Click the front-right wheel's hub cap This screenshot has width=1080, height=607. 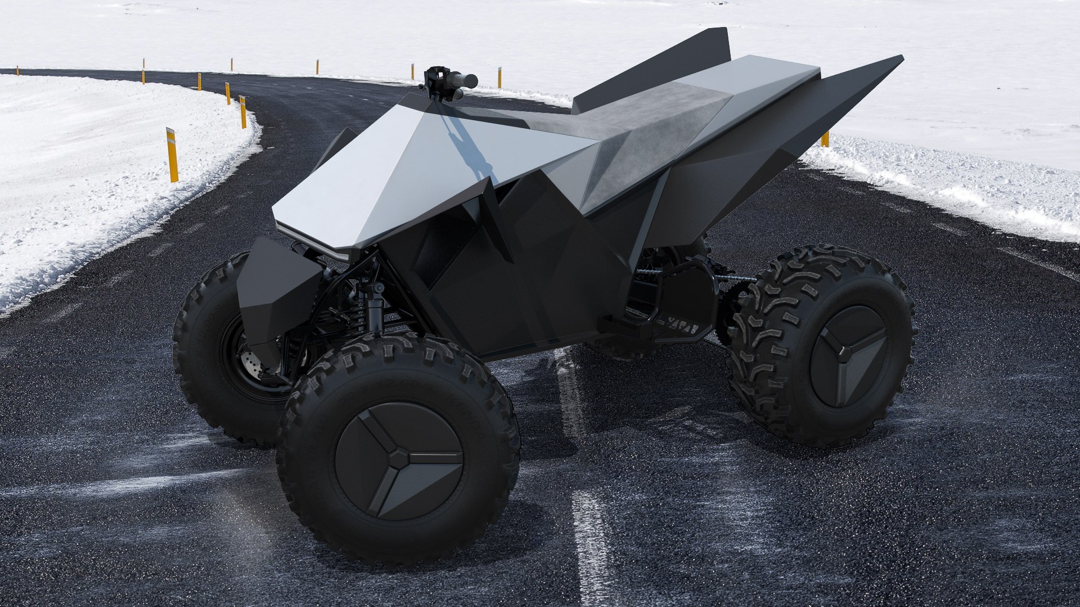click(x=399, y=461)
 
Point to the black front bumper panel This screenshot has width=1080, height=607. click(x=276, y=292)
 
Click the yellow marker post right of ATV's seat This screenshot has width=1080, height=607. click(x=826, y=138)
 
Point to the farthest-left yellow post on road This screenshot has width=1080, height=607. click(x=17, y=71)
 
